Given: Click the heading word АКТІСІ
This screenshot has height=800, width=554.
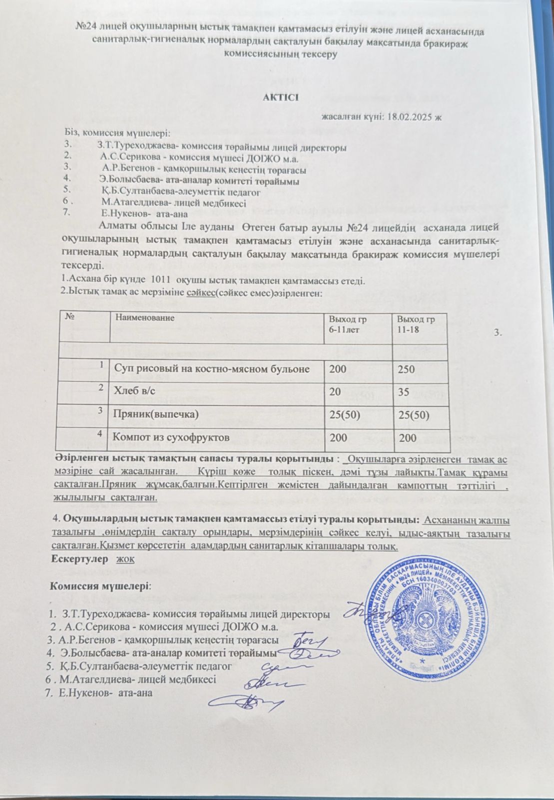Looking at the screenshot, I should [281, 96].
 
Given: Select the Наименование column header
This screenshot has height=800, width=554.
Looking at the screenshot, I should [145, 317].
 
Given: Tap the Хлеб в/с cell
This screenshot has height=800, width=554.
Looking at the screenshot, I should [129, 391].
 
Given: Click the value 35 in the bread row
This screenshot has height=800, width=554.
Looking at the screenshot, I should [402, 391].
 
